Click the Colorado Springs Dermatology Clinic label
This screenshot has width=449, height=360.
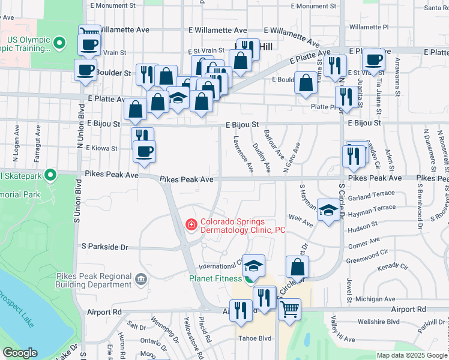click(x=243, y=226)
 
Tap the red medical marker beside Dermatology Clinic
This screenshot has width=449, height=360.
click(x=191, y=225)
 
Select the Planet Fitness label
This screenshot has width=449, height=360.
click(x=215, y=278)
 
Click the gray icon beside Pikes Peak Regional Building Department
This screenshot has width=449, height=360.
click(x=141, y=279)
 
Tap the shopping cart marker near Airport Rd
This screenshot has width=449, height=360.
click(x=290, y=309)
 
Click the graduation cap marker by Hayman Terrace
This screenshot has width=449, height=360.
click(x=328, y=211)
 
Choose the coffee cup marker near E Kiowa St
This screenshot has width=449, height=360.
click(x=144, y=151)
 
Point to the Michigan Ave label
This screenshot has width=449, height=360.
click(x=375, y=299)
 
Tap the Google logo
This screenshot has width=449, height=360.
click(x=20, y=353)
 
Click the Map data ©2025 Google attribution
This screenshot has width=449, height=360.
click(x=412, y=355)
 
